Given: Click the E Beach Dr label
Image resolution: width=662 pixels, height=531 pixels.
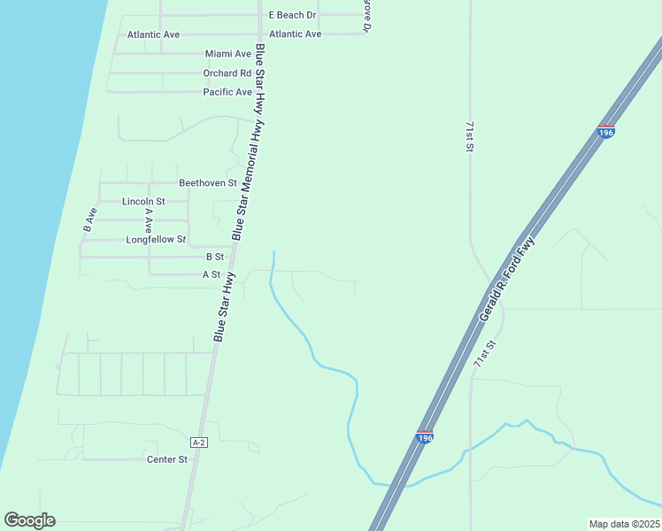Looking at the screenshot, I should click(x=292, y=15).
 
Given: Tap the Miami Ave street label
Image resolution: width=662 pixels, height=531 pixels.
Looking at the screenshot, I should click(x=228, y=54).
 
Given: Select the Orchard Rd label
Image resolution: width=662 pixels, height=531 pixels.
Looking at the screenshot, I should click(x=227, y=73).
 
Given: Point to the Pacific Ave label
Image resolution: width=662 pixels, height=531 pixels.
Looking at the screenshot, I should click(x=227, y=92).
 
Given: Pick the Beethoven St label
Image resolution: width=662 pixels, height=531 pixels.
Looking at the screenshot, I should click(x=208, y=183).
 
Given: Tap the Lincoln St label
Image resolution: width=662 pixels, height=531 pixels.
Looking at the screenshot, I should click(x=143, y=202).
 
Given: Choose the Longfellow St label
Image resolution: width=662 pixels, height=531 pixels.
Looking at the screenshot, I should click(x=156, y=240).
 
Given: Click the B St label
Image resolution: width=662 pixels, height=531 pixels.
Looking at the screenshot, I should click(x=215, y=257).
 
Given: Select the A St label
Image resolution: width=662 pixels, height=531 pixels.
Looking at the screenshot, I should click(x=211, y=275).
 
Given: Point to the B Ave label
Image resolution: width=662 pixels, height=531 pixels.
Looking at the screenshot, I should click(x=89, y=219).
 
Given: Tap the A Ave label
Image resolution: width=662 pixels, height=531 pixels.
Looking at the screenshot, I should click(x=149, y=219).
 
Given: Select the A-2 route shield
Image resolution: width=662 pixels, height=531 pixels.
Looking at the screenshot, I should click(x=199, y=442).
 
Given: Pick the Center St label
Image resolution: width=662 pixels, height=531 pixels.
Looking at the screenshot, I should click(x=167, y=459).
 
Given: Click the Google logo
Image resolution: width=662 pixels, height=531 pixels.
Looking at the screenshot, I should click(x=29, y=520).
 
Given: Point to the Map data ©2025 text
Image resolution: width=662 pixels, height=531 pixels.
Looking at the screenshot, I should click(x=624, y=523).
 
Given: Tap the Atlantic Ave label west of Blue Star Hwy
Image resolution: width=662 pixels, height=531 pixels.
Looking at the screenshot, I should click(x=153, y=35).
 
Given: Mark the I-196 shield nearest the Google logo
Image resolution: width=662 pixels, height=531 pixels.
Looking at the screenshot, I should click(x=424, y=437).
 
